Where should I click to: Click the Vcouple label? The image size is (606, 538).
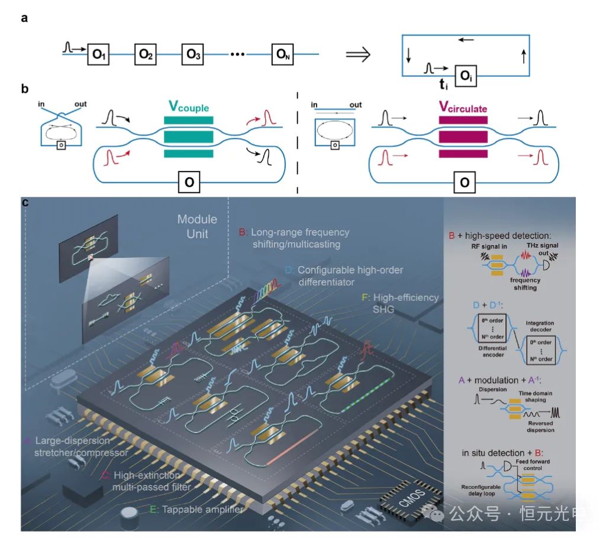pos(188,107)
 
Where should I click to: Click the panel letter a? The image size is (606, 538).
pos(24,18)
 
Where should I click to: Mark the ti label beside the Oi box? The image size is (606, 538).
pos(443,85)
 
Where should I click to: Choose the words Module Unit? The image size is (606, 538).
pos(197,226)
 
